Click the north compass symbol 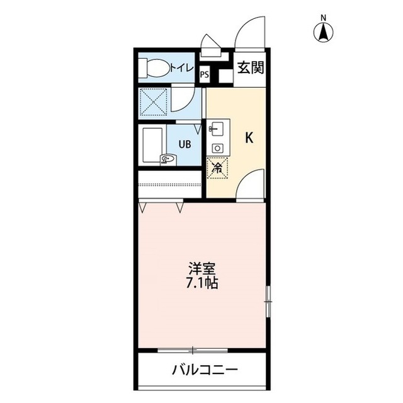324,32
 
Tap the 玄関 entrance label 251,67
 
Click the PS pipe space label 205,74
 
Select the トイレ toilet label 181,67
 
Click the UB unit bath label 184,144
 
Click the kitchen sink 216,129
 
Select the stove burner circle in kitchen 217,148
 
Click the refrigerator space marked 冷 217,168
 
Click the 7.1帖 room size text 202,283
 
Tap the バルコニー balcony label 205,370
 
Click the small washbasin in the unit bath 167,159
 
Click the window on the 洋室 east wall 267,301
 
